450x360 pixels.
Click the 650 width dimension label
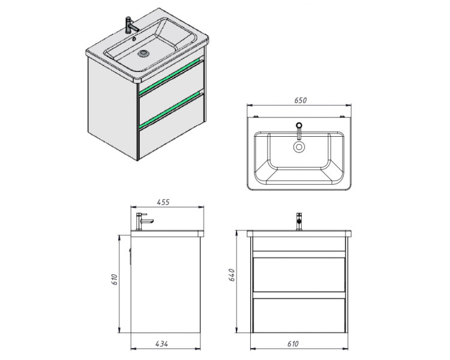click(x=301, y=100)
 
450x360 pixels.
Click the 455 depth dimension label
click(x=163, y=202)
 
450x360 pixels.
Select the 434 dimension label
click(x=162, y=344)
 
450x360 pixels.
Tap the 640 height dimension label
click(x=232, y=275)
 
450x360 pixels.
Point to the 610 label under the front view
click(x=293, y=344)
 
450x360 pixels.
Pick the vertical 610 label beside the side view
click(x=115, y=280)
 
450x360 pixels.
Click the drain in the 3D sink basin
click(x=143, y=53)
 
